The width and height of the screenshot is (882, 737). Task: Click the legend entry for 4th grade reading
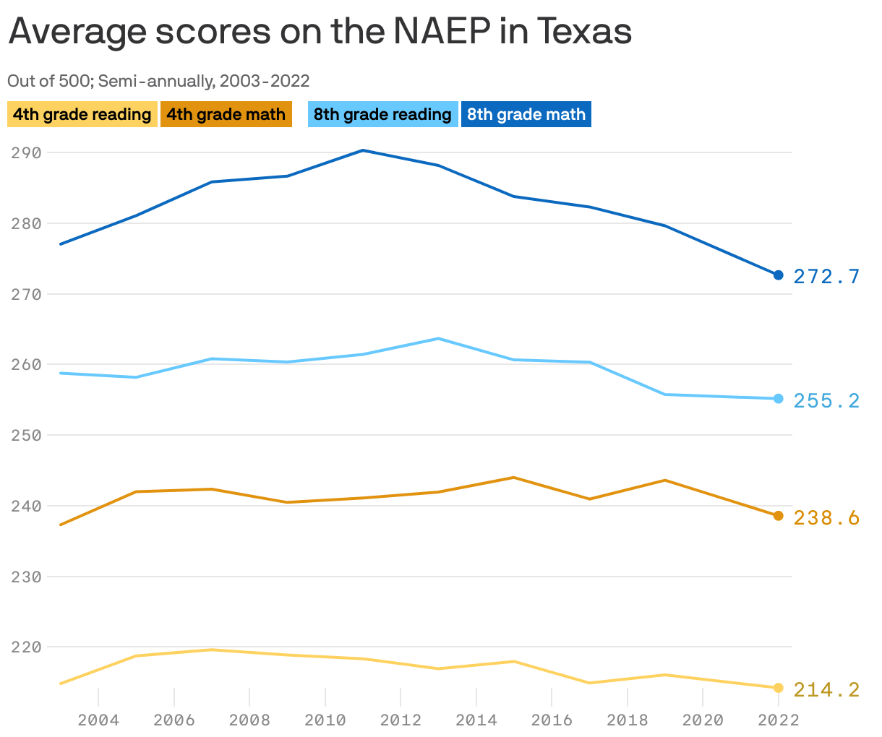(82, 114)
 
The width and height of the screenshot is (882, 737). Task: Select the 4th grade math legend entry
(226, 114)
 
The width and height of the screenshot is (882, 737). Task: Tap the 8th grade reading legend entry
(382, 114)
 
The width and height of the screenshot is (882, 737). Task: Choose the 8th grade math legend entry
(526, 114)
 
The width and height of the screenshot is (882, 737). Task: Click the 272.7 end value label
(826, 276)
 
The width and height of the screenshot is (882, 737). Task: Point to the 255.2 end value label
(826, 400)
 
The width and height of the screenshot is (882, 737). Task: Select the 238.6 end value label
(826, 517)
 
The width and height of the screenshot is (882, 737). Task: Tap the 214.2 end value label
(826, 689)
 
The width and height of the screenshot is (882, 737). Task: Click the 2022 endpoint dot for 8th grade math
(778, 275)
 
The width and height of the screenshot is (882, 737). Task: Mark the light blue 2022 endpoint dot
(778, 399)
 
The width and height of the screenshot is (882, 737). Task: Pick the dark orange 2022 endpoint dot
(778, 516)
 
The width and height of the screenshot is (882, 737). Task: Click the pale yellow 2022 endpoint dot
(778, 688)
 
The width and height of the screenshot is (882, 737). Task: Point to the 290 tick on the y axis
(26, 152)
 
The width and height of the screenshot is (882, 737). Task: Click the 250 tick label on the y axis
(26, 435)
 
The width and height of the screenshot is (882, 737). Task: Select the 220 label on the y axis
(26, 647)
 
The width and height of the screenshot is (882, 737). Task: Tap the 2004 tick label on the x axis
(98, 720)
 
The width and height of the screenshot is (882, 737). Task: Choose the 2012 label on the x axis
(401, 720)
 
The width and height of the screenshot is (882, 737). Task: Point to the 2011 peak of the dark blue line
(363, 150)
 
